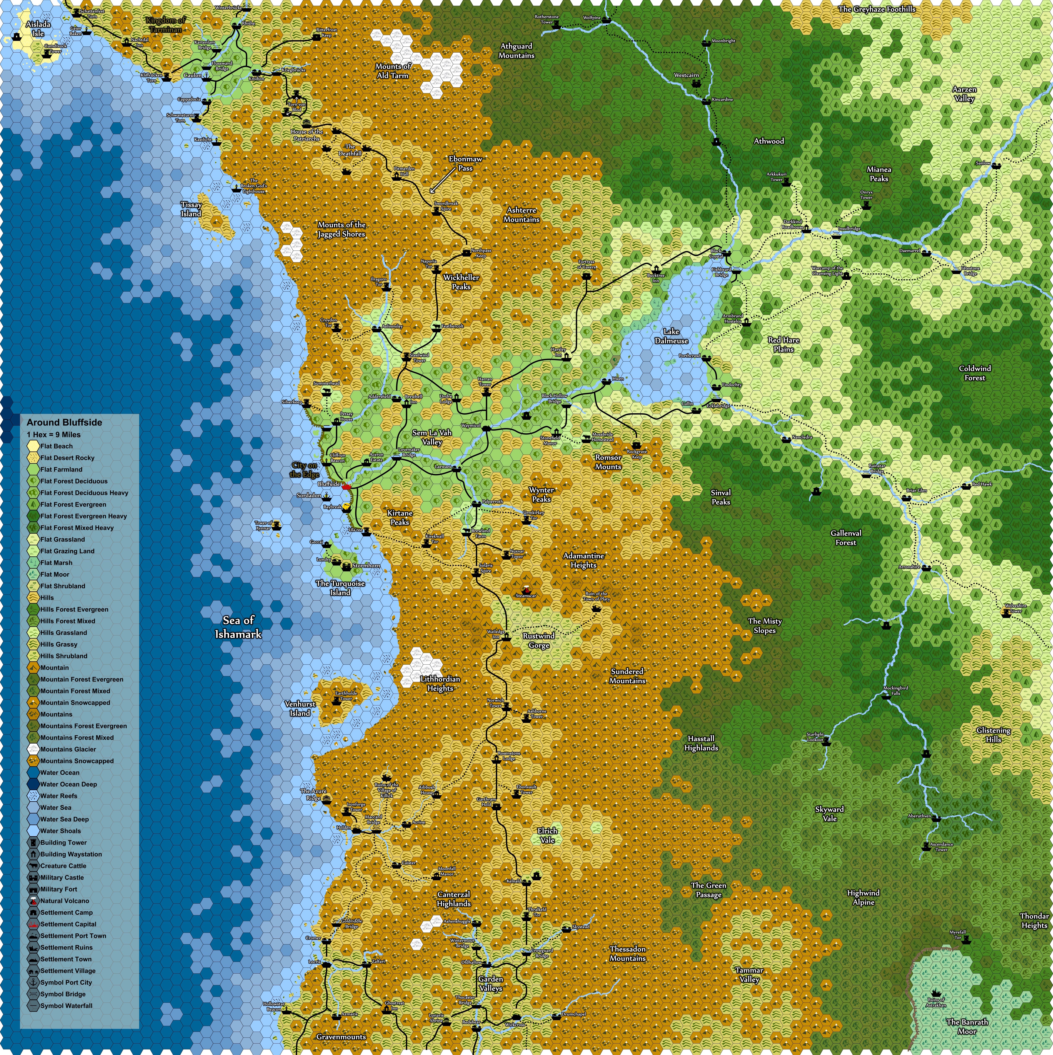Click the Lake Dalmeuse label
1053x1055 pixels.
[x=671, y=336]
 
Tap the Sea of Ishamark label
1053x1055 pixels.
[x=238, y=627]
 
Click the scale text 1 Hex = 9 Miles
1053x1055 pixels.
[x=54, y=435]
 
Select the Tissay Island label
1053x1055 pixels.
[x=191, y=209]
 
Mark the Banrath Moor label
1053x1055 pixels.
[x=967, y=1026]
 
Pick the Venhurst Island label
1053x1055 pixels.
[x=300, y=708]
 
